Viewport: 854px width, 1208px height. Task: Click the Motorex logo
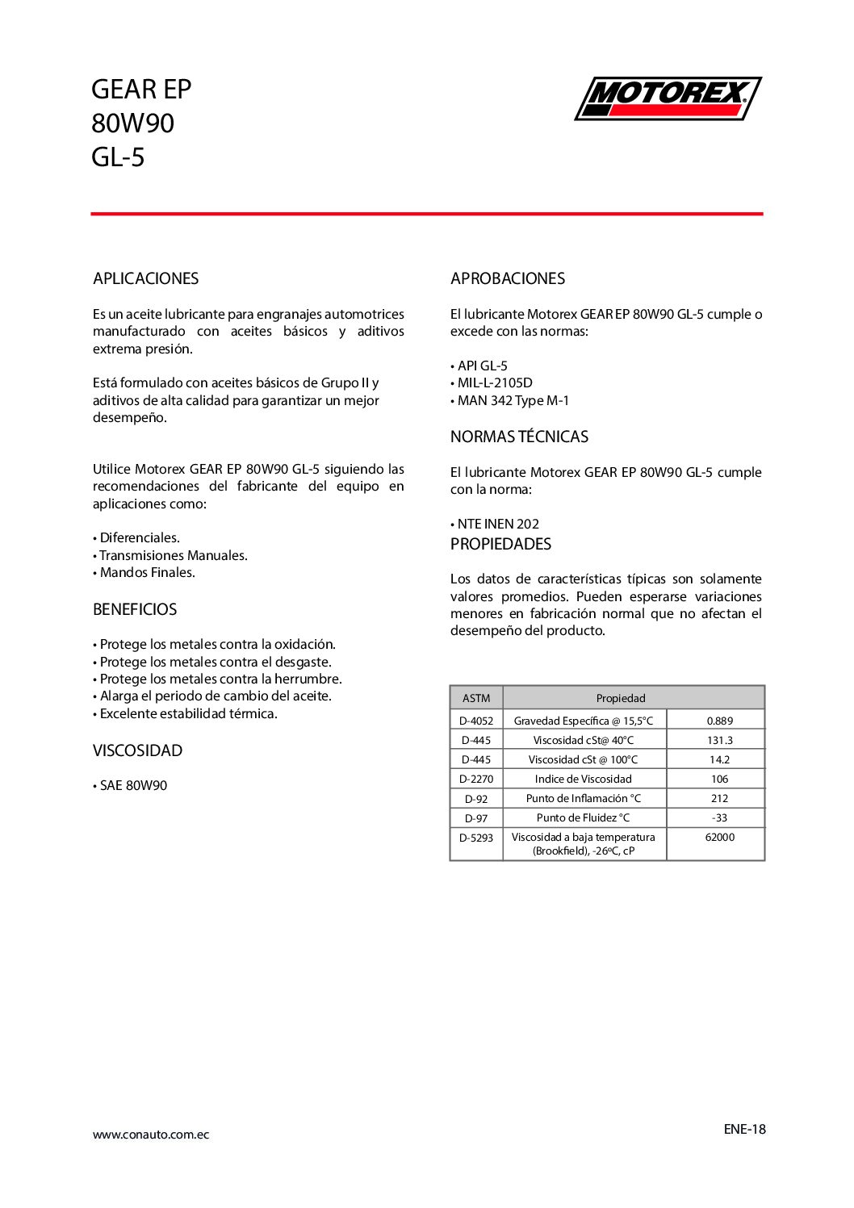668,98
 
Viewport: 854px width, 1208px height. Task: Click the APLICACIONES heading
145,278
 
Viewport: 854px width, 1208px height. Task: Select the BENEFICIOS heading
135,609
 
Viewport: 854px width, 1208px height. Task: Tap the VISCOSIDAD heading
137,750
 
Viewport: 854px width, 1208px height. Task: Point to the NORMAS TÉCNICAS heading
519,437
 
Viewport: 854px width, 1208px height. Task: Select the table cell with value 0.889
719,721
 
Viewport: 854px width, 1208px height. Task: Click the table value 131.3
719,740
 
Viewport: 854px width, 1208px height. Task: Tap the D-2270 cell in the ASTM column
476,779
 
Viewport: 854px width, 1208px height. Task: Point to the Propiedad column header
621,698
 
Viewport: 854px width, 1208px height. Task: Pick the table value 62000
719,838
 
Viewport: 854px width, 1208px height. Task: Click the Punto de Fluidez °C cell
583,817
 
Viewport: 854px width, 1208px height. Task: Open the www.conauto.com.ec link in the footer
151,1135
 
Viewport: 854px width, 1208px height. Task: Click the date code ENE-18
744,1129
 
